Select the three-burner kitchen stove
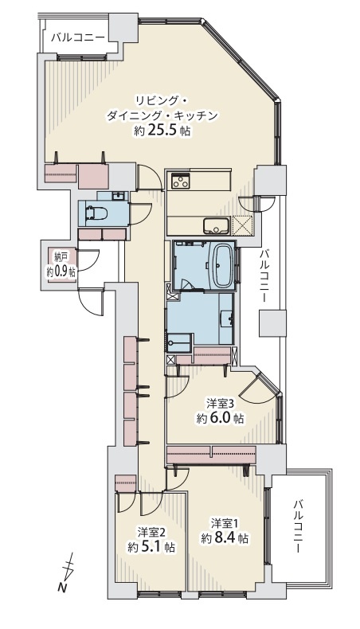click(x=180, y=181)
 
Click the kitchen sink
click(x=216, y=225)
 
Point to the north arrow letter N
click(x=61, y=588)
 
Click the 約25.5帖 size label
click(x=162, y=131)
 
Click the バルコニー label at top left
click(x=78, y=37)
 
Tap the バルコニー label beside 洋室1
click(x=297, y=526)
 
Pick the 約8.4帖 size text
click(x=225, y=538)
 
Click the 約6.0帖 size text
click(x=221, y=418)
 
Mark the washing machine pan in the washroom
click(x=180, y=343)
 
